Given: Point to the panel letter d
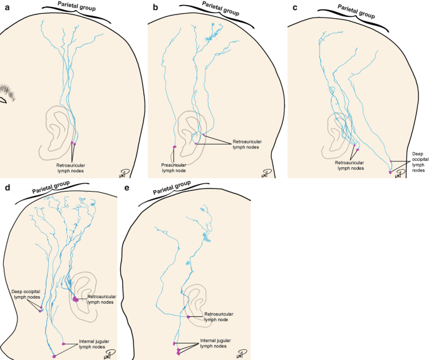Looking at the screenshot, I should point(6,187).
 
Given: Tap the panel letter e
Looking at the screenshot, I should point(128,187).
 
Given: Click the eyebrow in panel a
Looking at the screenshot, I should point(8,92).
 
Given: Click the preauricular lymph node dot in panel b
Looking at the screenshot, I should point(175,147).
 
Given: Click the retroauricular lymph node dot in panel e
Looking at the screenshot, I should point(188,317).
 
